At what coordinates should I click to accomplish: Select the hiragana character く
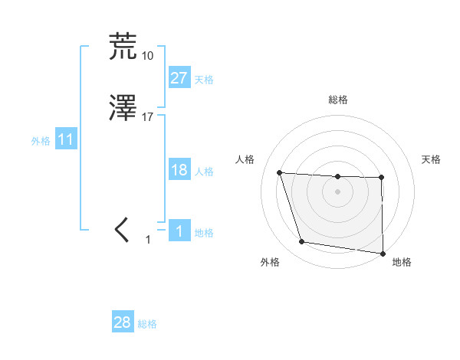[x=122, y=230]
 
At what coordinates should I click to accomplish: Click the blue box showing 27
[x=179, y=78]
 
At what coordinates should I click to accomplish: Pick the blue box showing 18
[x=179, y=170]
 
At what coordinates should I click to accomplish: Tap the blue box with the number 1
[x=179, y=231]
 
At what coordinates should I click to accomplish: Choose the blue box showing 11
[x=66, y=140]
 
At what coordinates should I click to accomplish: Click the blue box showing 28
[x=123, y=322]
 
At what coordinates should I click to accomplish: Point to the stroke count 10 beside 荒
[x=147, y=55]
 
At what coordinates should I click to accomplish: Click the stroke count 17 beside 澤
[x=147, y=117]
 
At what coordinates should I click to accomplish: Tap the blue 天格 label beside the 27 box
[x=204, y=79]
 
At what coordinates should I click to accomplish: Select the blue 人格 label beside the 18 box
[x=204, y=171]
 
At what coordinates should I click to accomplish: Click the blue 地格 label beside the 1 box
[x=204, y=232]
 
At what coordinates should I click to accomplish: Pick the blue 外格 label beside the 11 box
[x=41, y=141]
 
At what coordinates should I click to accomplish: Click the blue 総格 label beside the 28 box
[x=147, y=324]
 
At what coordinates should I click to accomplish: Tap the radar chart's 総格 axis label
[x=338, y=100]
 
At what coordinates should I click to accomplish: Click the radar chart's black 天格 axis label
[x=432, y=159]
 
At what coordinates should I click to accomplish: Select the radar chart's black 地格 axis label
[x=402, y=263]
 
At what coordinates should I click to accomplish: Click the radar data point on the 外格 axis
[x=302, y=242]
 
